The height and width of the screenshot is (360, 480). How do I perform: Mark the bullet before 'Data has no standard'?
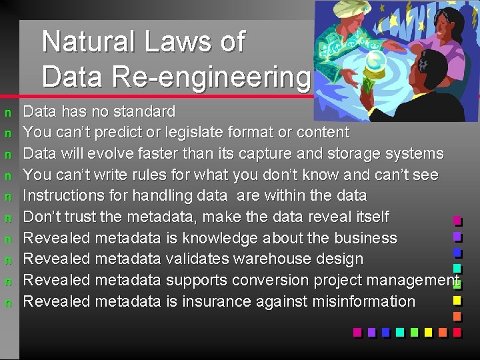pyautogui.click(x=7, y=111)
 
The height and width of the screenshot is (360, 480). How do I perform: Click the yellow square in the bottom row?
pyautogui.click(x=442, y=331)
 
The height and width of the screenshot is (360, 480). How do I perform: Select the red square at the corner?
pyautogui.click(x=457, y=331)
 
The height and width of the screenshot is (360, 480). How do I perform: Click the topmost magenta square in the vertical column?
pyautogui.click(x=457, y=220)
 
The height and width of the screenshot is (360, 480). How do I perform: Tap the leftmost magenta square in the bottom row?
pyautogui.click(x=357, y=331)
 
